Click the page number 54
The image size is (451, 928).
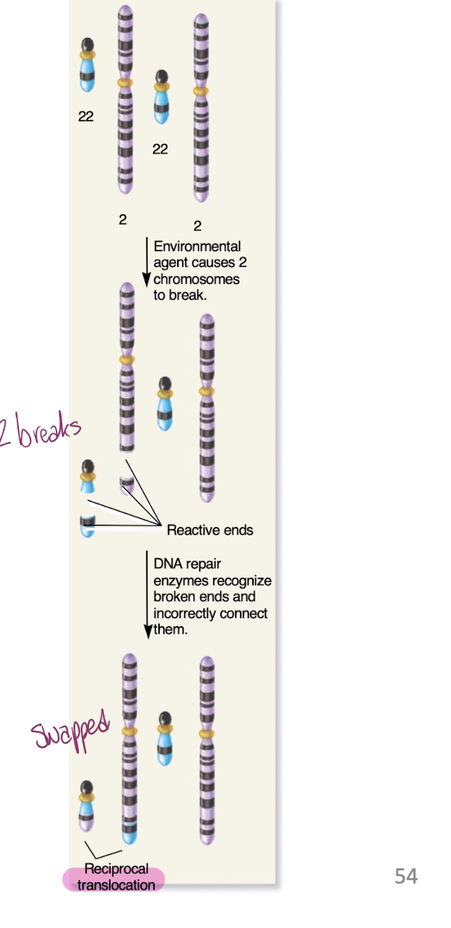click(x=405, y=877)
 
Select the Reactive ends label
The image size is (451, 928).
click(x=210, y=530)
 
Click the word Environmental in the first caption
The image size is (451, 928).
click(x=197, y=247)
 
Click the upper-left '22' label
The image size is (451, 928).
click(x=86, y=117)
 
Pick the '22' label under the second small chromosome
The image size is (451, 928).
click(x=160, y=149)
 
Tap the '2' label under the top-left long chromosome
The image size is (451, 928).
click(x=123, y=220)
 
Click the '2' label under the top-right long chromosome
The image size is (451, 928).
click(x=197, y=227)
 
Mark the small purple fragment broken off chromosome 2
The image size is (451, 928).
click(x=127, y=484)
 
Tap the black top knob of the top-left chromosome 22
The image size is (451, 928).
click(x=87, y=46)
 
